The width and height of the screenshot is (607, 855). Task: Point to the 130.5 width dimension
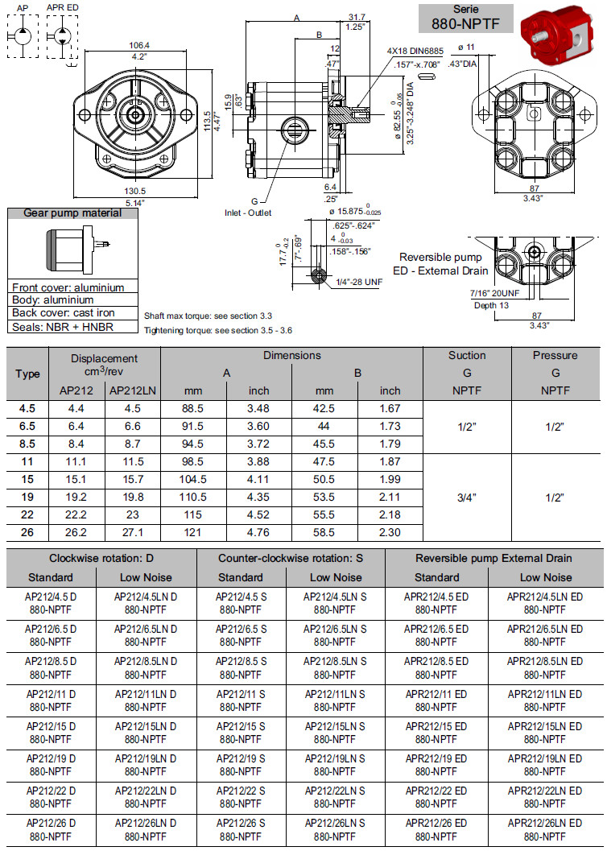point(135,190)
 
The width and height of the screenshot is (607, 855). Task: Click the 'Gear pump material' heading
point(72,213)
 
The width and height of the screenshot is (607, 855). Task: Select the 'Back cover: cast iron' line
point(64,313)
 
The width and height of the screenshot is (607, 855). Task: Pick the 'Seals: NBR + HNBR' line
point(63,327)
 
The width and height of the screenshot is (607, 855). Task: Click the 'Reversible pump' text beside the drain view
point(441,257)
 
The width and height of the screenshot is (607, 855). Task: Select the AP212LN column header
point(133,390)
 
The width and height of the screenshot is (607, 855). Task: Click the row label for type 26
point(27,532)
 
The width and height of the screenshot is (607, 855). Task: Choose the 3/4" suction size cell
point(467,498)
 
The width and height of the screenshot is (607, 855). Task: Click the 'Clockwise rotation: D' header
point(101,557)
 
